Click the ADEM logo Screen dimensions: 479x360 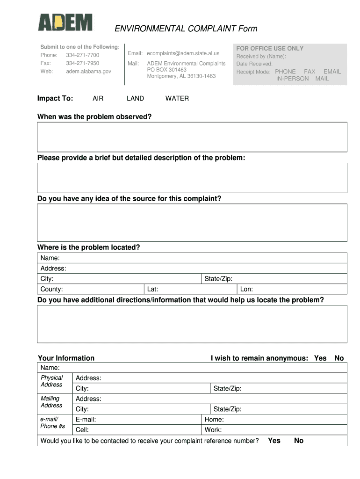65,23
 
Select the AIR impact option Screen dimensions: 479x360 98,99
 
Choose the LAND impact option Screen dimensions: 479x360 135,99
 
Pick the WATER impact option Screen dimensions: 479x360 177,99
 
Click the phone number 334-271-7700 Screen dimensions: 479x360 82,55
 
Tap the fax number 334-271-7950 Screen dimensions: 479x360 82,63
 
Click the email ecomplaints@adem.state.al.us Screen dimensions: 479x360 183,53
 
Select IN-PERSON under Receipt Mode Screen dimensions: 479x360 292,79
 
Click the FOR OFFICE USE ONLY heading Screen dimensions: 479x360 270,49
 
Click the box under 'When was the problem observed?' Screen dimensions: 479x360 192,137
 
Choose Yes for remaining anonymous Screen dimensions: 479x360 320,358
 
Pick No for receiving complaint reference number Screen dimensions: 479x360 299,441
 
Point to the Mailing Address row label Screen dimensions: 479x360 51,402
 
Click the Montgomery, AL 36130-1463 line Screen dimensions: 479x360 181,76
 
